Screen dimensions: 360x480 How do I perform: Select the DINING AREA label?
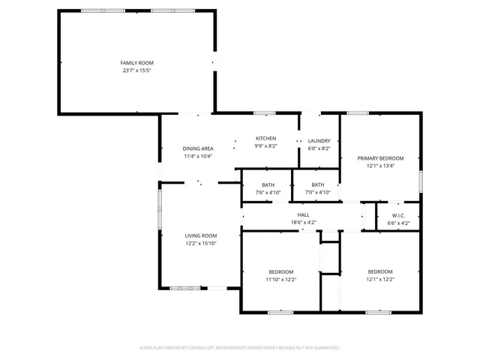198,148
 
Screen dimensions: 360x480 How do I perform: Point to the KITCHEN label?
266,139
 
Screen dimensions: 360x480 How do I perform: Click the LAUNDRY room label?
319,141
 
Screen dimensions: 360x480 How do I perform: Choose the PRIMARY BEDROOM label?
380,158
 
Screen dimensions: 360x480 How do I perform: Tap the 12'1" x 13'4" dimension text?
380,166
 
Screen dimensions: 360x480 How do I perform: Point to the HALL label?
304,215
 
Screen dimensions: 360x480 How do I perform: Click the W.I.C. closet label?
398,215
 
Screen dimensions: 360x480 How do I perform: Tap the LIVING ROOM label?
201,235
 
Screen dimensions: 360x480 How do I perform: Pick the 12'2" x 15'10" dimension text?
201,244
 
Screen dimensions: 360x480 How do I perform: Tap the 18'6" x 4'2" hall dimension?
304,223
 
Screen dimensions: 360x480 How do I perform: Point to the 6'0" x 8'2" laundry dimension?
319,148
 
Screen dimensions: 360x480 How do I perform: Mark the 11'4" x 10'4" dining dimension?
198,157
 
